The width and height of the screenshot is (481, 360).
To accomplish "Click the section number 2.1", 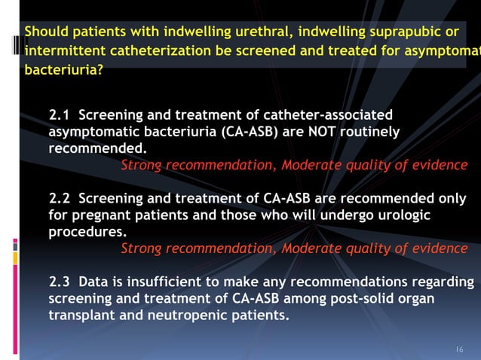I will tap(60, 116).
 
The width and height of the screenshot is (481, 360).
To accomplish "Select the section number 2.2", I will tap(60, 199).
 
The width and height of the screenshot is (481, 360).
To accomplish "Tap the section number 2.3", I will tap(60, 282).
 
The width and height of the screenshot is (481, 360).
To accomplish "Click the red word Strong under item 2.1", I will tap(142, 166).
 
